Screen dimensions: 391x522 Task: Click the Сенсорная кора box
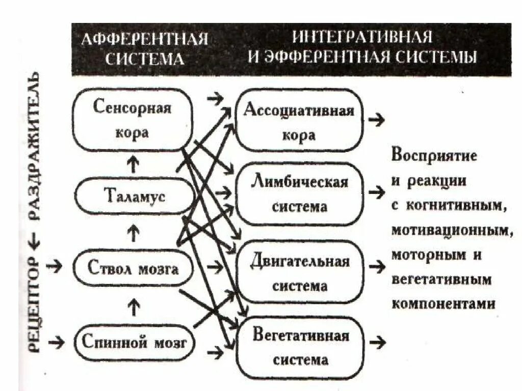133,121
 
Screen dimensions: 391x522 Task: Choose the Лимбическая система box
299,194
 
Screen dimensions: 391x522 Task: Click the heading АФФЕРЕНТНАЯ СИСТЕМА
145,49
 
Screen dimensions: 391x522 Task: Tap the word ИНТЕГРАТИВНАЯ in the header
362,38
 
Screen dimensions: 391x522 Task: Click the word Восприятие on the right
434,155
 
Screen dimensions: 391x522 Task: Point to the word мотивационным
452,230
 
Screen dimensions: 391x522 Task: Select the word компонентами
443,303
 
